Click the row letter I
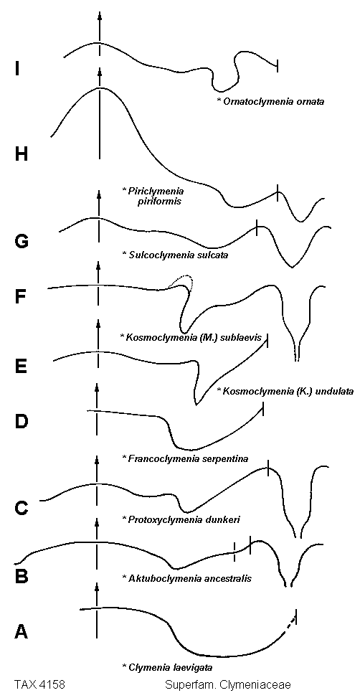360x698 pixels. pyautogui.click(x=16, y=69)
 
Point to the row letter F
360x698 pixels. pyautogui.click(x=21, y=297)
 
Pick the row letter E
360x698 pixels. pyautogui.click(x=21, y=366)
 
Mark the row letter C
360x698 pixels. pyautogui.click(x=22, y=507)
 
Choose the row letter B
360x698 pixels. pyautogui.click(x=22, y=577)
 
